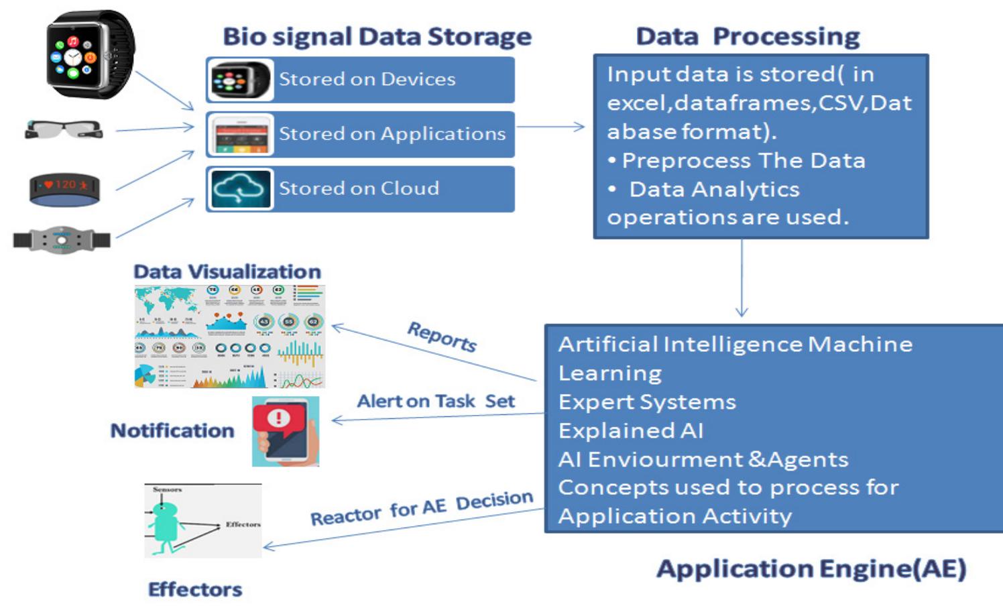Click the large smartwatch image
click(89, 54)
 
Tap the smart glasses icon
click(64, 129)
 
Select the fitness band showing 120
click(65, 189)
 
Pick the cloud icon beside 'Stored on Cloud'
click(241, 189)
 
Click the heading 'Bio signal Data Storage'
click(377, 36)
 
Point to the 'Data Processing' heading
click(748, 36)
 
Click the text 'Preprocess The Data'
click(743, 161)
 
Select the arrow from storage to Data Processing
click(550, 127)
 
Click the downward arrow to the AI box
click(742, 278)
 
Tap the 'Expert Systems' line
click(647, 402)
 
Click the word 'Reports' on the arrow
click(442, 336)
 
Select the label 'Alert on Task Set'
click(436, 402)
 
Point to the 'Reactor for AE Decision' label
click(421, 509)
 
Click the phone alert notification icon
click(286, 431)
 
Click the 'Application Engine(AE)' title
click(811, 568)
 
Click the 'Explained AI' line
click(631, 431)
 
